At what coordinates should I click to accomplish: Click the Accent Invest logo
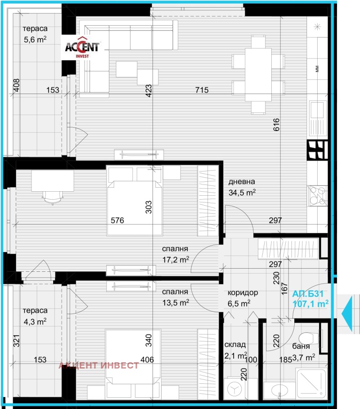pos(84,48)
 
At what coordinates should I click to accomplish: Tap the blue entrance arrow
pos(348,313)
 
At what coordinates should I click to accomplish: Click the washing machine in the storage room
pos(234,387)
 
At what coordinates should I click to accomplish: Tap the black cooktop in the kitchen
pos(317,150)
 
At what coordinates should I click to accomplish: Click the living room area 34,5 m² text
pos(242,188)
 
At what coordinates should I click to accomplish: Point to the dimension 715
pos(202,90)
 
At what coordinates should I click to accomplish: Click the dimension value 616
pos(276,125)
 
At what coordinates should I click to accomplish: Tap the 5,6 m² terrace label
pos(36,34)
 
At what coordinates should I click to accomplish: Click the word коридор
pos(243,292)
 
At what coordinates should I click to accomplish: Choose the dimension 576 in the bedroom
pos(117,220)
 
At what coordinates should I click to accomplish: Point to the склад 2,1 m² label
pos(236,350)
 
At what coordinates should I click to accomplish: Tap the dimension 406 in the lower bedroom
pos(147,360)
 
